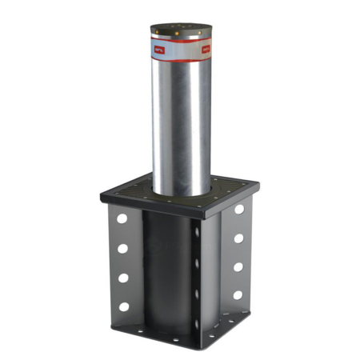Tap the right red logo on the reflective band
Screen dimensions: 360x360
pos(205,50)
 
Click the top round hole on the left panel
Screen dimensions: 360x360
pos(122,218)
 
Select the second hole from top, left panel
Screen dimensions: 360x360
pos(122,248)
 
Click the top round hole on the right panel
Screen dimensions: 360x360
pos(239,210)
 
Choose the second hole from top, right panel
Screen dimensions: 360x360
pos(238,238)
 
